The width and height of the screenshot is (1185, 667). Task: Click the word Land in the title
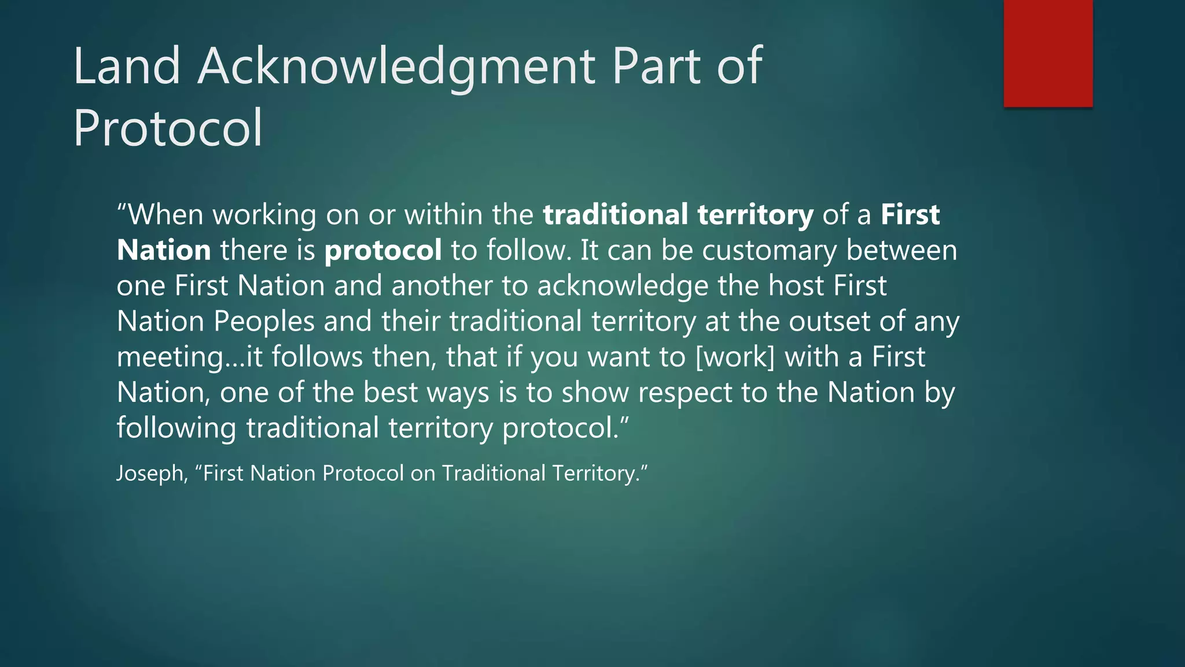click(127, 67)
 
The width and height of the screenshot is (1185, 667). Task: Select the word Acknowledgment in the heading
click(396, 67)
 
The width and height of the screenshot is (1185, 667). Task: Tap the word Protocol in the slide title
click(168, 128)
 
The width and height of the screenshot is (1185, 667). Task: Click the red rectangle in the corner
click(1048, 53)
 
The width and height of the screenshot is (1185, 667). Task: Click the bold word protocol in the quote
click(383, 251)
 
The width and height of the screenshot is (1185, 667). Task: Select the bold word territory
click(755, 215)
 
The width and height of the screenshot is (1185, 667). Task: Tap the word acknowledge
click(623, 286)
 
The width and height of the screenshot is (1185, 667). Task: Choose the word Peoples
click(264, 321)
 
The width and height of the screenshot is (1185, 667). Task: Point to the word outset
click(829, 321)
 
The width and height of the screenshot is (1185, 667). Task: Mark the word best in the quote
click(390, 393)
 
